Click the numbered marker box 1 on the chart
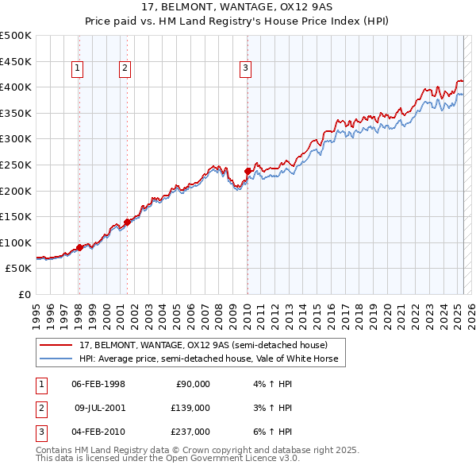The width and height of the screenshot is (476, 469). tap(78, 69)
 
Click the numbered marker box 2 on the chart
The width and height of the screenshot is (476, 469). tap(125, 69)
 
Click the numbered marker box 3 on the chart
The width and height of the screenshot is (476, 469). tap(246, 69)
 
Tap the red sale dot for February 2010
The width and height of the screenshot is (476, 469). tap(248, 171)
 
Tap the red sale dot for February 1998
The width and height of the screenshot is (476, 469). tap(79, 247)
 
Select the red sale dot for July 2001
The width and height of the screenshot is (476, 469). tap(127, 222)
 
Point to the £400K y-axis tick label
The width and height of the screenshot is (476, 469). tap(16, 86)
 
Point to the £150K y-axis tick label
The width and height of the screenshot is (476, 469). tap(16, 216)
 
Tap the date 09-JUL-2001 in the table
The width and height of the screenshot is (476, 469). tap(100, 407)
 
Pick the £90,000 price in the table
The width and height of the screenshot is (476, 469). tap(192, 383)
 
